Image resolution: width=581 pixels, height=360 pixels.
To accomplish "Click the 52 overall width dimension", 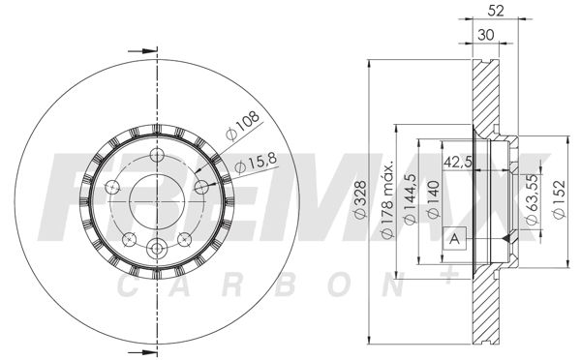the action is point(496,11).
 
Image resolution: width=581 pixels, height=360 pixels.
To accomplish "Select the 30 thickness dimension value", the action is point(486,36).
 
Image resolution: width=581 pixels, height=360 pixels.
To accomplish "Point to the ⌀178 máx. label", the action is point(386,200).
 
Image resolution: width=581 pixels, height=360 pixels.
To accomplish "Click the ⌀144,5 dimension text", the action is point(411,199).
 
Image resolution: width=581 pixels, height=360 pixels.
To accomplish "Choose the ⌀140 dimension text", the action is point(433,199).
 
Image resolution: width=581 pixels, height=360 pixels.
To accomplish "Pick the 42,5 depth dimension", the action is point(458,162).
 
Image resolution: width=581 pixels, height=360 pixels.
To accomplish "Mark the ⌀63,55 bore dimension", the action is point(532,199).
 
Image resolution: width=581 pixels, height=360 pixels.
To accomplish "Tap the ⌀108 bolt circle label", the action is point(243,126).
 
